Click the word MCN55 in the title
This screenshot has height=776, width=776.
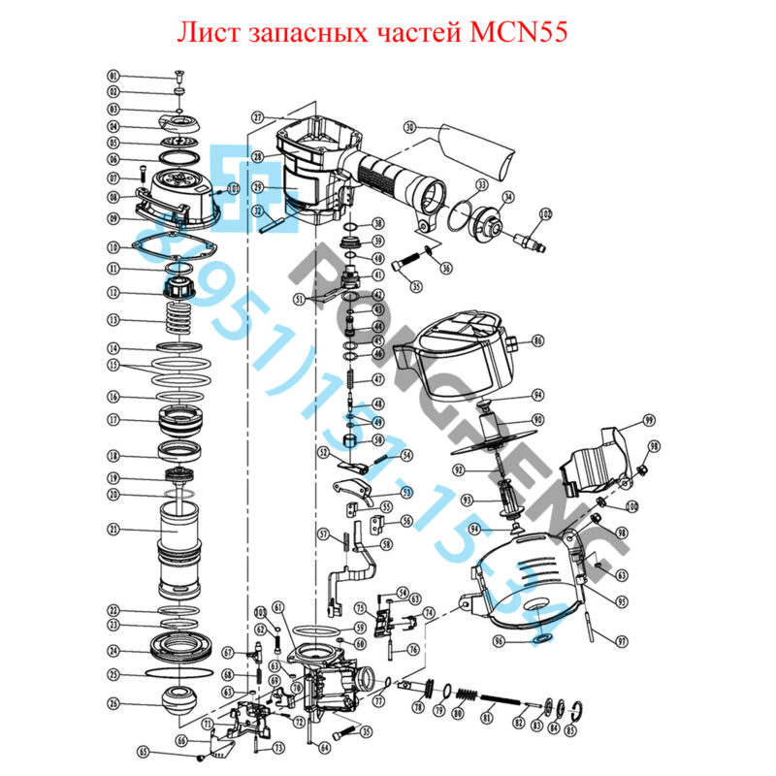coord(511,32)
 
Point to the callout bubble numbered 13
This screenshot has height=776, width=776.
coord(113,319)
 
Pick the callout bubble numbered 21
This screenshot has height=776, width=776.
coord(113,530)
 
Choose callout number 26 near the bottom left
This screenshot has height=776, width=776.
coord(113,703)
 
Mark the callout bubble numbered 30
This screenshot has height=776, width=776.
coord(409,127)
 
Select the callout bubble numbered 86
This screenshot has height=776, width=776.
coord(537,341)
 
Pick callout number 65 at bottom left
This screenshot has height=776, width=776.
coord(144,752)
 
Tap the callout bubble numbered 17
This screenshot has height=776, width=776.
coord(113,420)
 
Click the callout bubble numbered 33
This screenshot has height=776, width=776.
coord(482,184)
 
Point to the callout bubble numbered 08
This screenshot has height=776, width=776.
coord(113,196)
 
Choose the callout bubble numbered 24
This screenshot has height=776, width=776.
coord(113,651)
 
